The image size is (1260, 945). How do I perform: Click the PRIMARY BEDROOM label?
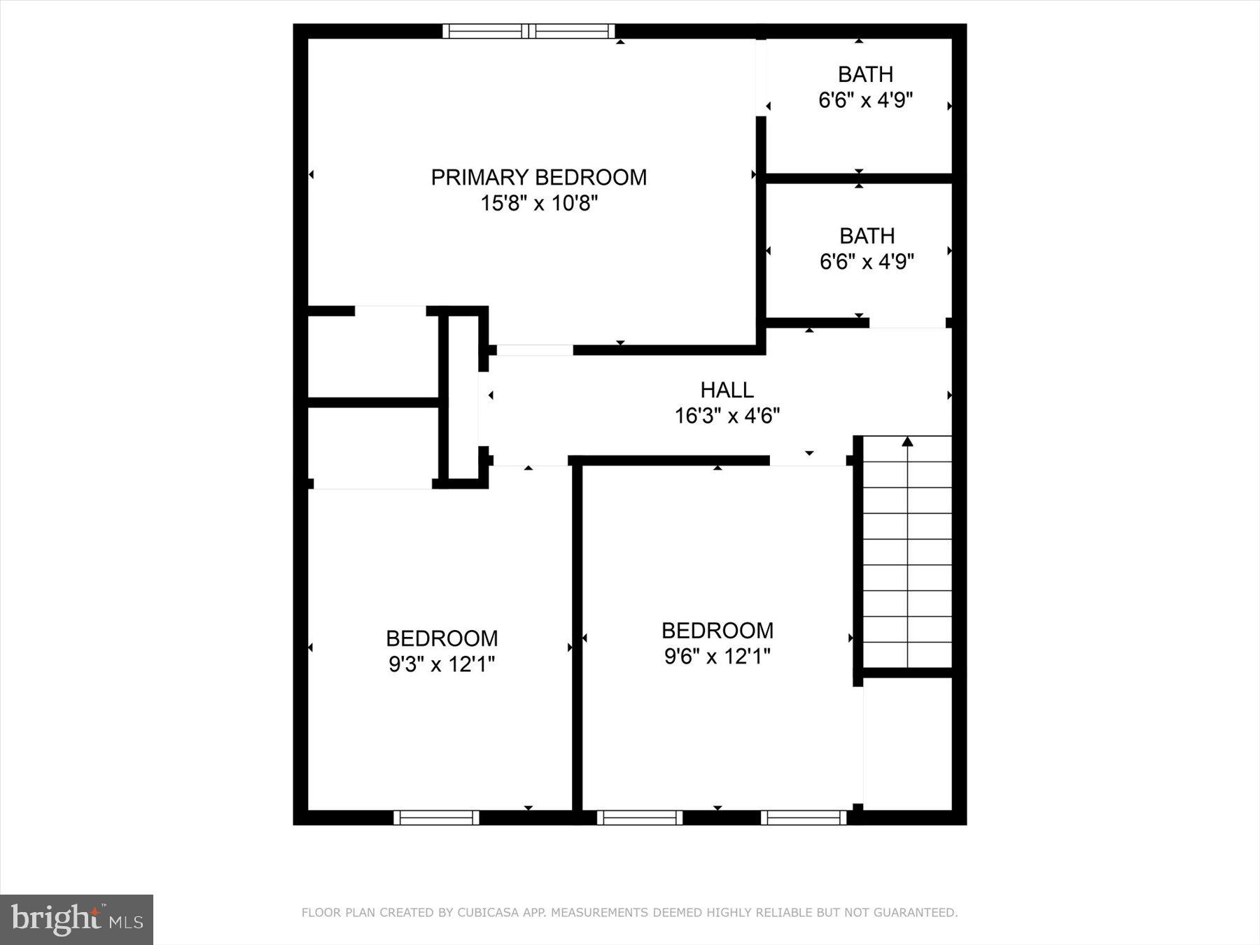(x=538, y=177)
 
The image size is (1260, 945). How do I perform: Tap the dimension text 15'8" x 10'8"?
(x=538, y=204)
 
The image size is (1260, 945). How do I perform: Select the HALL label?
(x=727, y=390)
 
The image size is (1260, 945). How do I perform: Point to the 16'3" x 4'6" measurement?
(x=727, y=416)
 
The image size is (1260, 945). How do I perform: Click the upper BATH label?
(x=865, y=74)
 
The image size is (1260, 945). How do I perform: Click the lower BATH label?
(x=867, y=236)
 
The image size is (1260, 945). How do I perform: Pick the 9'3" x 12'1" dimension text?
(x=442, y=664)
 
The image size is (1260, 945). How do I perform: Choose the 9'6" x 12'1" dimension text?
(x=717, y=657)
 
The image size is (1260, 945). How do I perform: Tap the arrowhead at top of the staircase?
(x=907, y=442)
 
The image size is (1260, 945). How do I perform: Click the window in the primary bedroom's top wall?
(x=529, y=31)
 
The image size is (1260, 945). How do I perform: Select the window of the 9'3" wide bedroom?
(x=436, y=818)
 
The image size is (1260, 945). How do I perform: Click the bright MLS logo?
(x=76, y=919)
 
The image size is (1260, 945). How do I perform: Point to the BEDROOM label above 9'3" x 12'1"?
(x=442, y=638)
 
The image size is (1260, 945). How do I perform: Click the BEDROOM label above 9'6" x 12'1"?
(x=717, y=631)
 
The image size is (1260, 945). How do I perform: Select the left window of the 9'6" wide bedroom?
(x=639, y=818)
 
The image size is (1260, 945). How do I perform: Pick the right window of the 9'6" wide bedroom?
(x=804, y=818)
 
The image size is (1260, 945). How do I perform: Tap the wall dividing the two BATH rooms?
(x=859, y=178)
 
